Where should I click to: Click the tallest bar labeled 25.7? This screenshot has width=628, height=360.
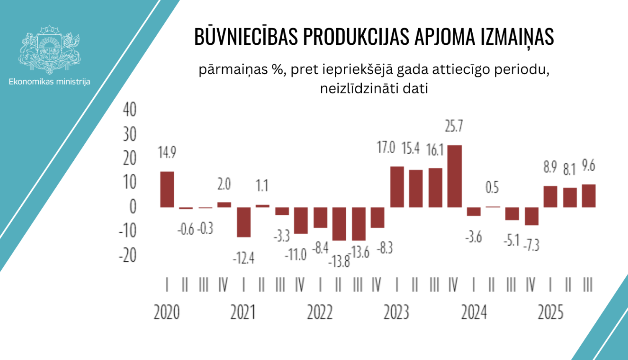[x=455, y=176]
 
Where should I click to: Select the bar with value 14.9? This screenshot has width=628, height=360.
[x=167, y=189]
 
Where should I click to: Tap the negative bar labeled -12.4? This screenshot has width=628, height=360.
[x=244, y=222]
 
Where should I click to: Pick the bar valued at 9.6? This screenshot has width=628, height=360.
[x=589, y=196]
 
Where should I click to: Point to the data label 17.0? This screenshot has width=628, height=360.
[x=386, y=147]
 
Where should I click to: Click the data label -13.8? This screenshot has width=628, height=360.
[x=339, y=262]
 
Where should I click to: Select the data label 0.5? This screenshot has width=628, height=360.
[x=492, y=187]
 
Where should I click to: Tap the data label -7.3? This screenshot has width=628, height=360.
[x=532, y=244]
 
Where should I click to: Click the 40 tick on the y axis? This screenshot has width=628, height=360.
[x=130, y=110]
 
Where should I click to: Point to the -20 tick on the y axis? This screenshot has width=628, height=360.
[x=128, y=255]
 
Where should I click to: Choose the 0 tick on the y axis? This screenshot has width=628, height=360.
[x=133, y=206]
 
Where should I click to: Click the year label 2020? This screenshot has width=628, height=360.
[x=167, y=312]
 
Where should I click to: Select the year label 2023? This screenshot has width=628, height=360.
[x=396, y=312]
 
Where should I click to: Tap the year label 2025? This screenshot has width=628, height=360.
[x=551, y=312]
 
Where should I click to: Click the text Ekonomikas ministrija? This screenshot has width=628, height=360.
[x=49, y=82]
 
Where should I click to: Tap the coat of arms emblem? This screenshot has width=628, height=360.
[x=49, y=49]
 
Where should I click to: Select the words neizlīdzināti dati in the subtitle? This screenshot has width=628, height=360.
[x=374, y=89]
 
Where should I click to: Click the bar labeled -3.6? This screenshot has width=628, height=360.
[x=474, y=211]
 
